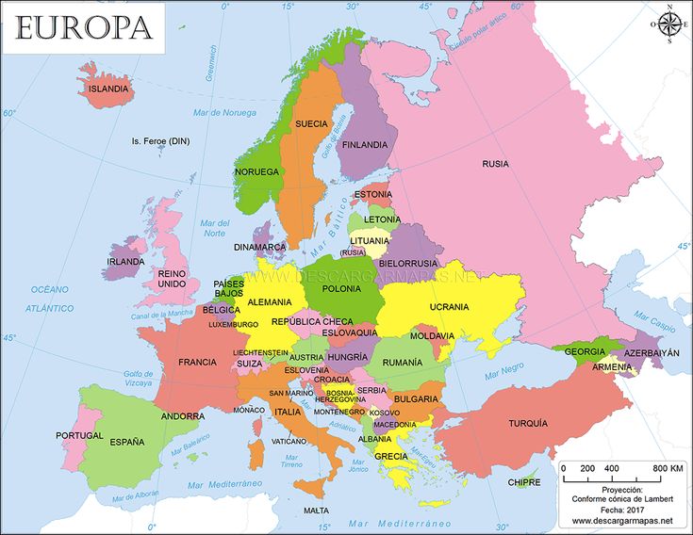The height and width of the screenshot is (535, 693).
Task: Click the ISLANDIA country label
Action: point(107,89)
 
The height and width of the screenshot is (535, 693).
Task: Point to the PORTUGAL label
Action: point(79,435)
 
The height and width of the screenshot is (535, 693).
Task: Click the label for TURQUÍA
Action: point(528,423)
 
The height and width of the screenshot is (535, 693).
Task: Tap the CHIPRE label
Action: point(524,482)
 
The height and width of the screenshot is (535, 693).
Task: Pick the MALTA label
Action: point(317,511)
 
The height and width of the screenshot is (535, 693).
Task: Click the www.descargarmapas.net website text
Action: point(621,521)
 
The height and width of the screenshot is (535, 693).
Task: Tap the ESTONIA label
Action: point(372,194)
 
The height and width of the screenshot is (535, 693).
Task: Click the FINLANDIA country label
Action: point(364,145)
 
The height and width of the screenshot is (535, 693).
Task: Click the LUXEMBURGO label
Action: point(233,324)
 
